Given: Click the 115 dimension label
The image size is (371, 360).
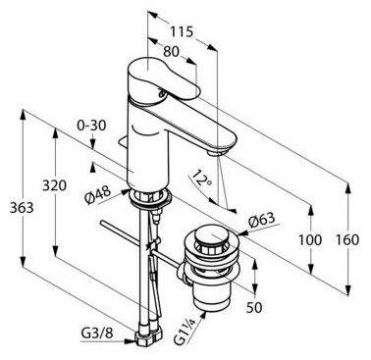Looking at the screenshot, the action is click(182, 32).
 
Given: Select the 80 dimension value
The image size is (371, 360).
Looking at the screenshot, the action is click(172, 51).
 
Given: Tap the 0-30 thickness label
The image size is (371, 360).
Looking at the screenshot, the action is click(91, 126).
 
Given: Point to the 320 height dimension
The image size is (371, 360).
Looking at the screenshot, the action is click(54, 185).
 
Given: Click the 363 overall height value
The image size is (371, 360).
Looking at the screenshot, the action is click(22, 208).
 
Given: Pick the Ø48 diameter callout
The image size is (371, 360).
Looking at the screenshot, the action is click(98, 195).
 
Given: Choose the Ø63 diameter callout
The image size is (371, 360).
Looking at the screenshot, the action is click(262, 221).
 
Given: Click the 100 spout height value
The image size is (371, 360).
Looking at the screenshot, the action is click(309, 240).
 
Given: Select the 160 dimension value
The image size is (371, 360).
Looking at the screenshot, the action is click(347, 240).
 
